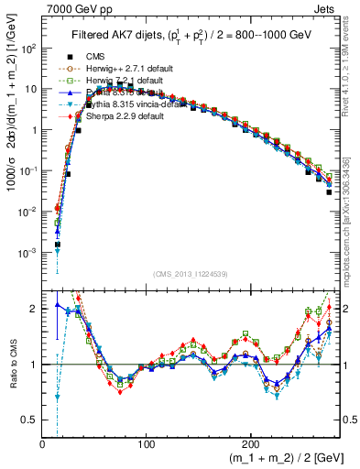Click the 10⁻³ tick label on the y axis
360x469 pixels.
[x=27, y=252]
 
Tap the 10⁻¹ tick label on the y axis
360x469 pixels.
[x=27, y=170]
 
